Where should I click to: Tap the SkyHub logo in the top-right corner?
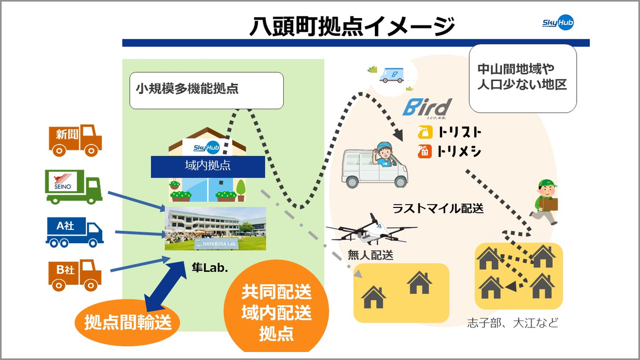(558, 22)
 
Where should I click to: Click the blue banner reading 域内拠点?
(208, 166)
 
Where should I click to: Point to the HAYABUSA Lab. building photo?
(215, 228)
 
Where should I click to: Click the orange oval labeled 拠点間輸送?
(128, 322)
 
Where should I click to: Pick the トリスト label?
(450, 132)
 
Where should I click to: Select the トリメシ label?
(450, 151)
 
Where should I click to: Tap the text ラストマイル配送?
(438, 209)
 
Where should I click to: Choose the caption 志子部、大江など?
(512, 323)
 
